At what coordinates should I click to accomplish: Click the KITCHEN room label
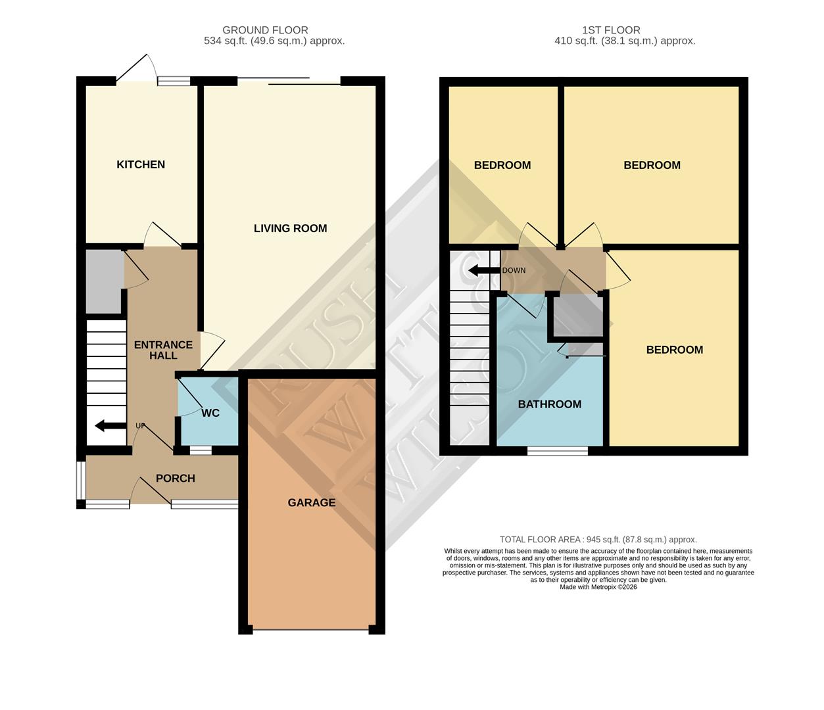coord(141,164)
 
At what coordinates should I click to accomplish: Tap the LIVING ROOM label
coord(290,228)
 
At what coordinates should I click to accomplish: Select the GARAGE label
coord(311,502)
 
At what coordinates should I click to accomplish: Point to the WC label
coord(210,413)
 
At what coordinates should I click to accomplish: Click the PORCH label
coord(175,478)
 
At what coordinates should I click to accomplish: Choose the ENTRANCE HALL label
coord(163,350)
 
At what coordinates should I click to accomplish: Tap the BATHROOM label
coord(549,404)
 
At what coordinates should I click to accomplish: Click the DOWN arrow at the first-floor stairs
coord(482,270)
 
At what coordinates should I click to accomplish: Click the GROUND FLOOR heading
coord(265,30)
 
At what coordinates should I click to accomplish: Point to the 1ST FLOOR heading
coord(611,30)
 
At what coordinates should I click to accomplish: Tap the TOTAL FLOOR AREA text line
coord(598,539)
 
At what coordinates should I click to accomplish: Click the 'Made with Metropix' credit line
coord(598,587)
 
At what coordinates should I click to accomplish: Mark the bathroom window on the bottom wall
coord(558,451)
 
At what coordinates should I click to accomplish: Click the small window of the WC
coord(201,450)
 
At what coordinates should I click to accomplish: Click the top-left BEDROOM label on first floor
coord(502,165)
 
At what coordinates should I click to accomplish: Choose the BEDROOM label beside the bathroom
coord(674,350)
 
